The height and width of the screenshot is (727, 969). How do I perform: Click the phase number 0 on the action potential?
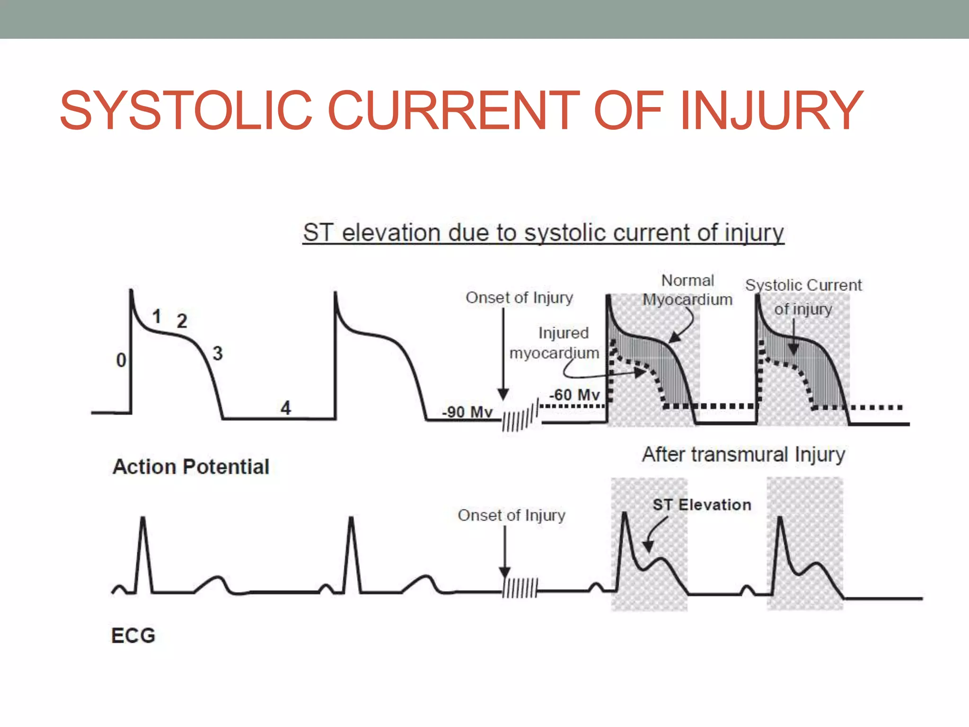point(121,361)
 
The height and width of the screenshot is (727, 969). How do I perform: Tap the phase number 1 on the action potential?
point(157,317)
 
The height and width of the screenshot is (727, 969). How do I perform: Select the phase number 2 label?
point(182,321)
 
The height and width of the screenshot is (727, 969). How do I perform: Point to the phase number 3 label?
point(217,354)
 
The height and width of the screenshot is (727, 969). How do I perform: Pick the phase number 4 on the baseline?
point(285,408)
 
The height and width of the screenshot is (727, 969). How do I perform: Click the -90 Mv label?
point(467,412)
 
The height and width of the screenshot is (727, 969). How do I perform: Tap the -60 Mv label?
point(574,395)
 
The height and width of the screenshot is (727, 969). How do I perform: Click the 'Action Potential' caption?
point(191,467)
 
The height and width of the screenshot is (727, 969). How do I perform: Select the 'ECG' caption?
point(133,636)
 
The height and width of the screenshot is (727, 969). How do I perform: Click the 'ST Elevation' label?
point(702,505)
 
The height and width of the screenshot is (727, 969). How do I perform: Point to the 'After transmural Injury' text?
point(743,454)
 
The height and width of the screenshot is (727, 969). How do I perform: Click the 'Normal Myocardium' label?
point(687,290)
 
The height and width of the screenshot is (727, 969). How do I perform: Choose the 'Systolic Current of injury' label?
point(803,296)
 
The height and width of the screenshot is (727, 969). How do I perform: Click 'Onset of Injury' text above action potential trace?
point(519,298)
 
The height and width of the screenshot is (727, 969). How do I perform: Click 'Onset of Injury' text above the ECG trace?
point(511,515)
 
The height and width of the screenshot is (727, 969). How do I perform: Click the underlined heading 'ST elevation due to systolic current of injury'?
point(543,233)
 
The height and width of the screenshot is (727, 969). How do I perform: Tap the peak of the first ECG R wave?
point(143,519)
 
